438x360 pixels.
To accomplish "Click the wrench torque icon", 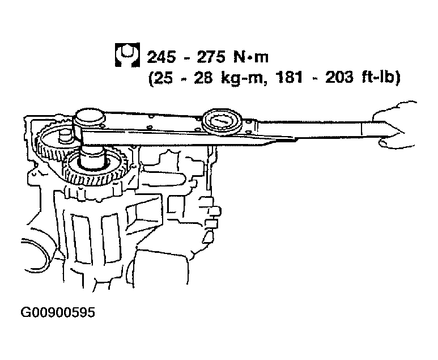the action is click(127, 55).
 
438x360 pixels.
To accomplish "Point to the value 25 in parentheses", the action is click(164, 77).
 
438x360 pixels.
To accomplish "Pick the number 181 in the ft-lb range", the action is click(289, 77).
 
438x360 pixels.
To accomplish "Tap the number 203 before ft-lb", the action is click(339, 77).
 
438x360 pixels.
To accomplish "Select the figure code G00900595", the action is click(58, 312).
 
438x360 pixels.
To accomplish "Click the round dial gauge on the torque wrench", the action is click(222, 122).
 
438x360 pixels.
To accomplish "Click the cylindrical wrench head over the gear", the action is click(89, 119).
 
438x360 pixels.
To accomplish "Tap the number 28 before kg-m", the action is click(203, 77).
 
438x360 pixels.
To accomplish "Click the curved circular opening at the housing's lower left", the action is click(39, 254).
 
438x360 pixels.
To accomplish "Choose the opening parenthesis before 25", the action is click(151, 78).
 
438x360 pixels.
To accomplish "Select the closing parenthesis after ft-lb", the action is click(397, 78).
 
